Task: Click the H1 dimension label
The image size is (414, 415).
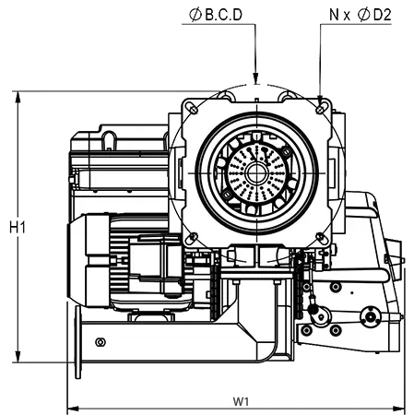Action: [18, 228]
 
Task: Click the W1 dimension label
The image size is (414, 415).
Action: [241, 401]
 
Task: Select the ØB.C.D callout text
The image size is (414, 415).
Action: [216, 15]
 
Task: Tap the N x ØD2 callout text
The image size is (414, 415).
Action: [361, 15]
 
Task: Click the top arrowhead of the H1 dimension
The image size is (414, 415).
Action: [18, 97]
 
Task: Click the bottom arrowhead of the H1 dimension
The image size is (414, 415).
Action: [18, 357]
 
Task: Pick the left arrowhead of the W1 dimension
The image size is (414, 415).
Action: [73, 409]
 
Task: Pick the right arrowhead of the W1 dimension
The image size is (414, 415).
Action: [399, 409]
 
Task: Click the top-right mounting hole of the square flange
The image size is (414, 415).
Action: [320, 110]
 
